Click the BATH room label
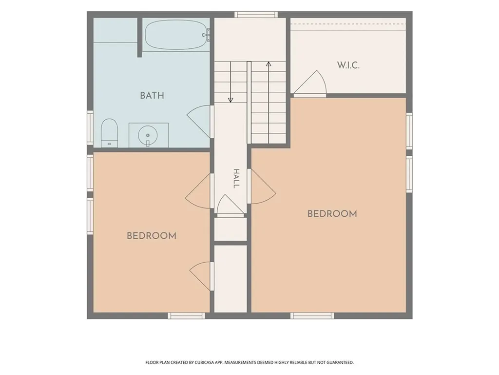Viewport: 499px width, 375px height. [152, 95]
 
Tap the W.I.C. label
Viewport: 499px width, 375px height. [348, 65]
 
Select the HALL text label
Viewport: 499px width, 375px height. [236, 179]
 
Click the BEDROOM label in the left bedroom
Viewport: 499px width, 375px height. [152, 236]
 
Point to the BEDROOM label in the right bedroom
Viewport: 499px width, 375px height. [332, 214]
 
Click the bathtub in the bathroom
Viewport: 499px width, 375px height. [176, 35]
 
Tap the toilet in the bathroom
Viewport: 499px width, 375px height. [109, 133]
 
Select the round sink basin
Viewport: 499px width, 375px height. [148, 135]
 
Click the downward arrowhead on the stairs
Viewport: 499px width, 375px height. [230, 100]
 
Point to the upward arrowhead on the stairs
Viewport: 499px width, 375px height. [269, 64]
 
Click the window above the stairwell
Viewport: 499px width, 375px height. [256, 14]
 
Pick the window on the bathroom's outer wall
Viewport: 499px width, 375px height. [90, 127]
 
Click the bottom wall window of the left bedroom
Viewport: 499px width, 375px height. [187, 316]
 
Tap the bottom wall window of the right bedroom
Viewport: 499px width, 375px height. [312, 316]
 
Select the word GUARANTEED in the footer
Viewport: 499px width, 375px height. [341, 363]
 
